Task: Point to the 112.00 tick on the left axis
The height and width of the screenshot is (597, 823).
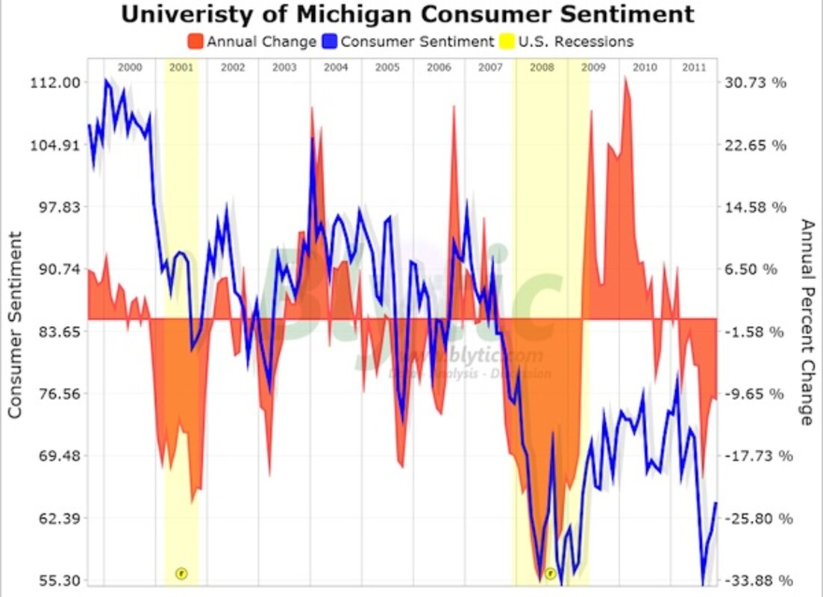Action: (54, 83)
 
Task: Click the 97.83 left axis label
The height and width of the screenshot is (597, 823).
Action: (54, 207)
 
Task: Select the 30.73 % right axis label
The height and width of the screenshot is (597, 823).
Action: (756, 83)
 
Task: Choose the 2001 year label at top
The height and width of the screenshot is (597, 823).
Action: (181, 67)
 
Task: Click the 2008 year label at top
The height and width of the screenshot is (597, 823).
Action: (542, 67)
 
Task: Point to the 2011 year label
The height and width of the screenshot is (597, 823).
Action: (695, 67)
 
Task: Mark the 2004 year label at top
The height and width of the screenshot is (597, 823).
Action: (336, 67)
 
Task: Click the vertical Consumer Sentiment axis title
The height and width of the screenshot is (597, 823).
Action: (14, 325)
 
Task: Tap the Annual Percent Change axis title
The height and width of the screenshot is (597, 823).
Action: (807, 322)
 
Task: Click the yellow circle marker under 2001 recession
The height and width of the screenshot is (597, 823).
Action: (181, 573)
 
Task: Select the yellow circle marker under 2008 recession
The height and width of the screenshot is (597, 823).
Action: (550, 573)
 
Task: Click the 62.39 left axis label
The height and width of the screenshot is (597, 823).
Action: (54, 518)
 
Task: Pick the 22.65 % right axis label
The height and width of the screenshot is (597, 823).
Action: (756, 145)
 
